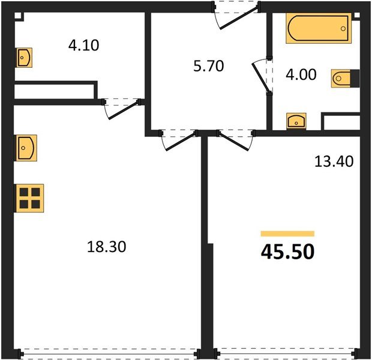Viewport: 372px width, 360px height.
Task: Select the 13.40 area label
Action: (334, 161)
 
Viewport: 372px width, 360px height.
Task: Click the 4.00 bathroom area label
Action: (298, 76)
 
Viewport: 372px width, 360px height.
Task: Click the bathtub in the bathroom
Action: (316, 28)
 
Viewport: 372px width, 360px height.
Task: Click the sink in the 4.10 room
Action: (24, 58)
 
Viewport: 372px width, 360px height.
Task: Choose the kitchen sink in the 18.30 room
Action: (25, 147)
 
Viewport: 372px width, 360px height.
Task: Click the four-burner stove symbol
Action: (28, 197)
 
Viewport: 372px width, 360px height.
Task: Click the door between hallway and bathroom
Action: (262, 75)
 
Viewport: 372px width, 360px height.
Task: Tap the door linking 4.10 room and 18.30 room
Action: (122, 107)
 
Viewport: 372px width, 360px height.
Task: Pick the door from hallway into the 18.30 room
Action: (179, 139)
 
